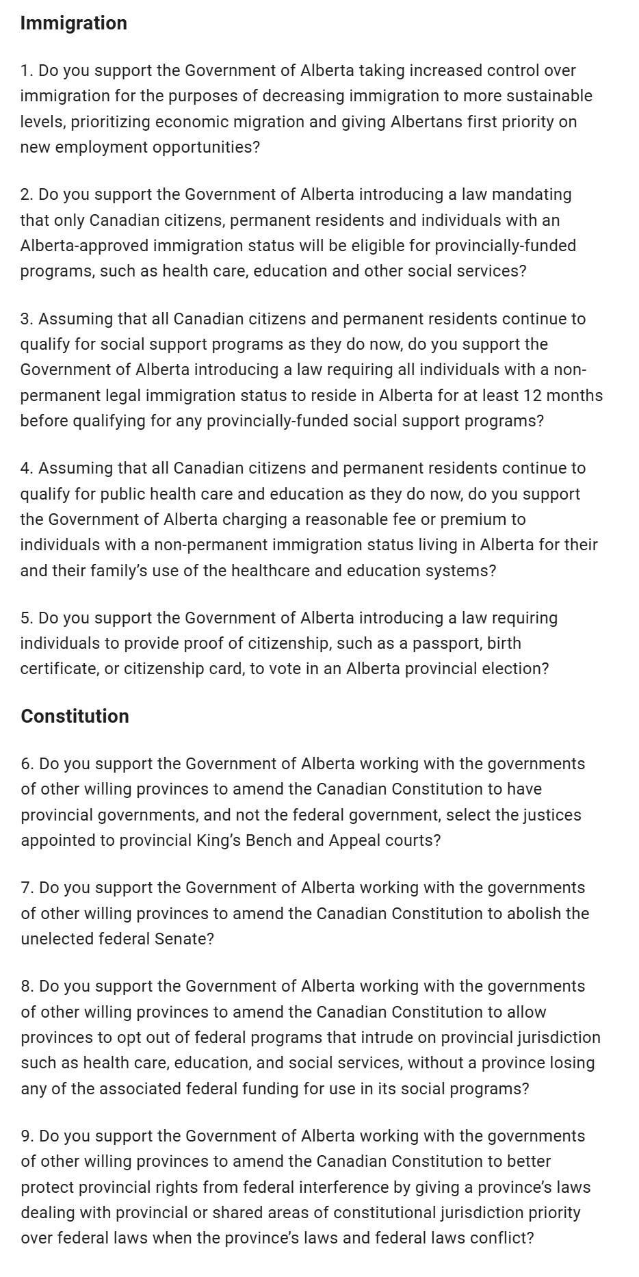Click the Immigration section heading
74,23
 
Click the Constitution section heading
75,717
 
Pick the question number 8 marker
27,986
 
